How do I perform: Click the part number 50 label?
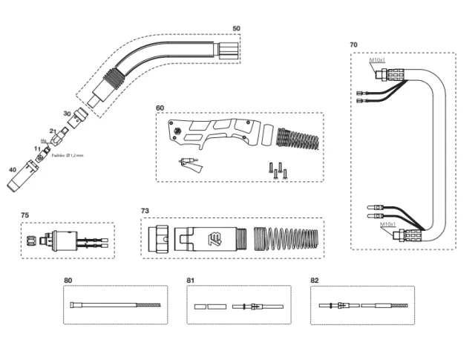236,28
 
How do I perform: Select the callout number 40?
12,169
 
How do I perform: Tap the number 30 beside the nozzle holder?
67,114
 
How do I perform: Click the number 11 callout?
36,149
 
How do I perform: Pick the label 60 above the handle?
160,108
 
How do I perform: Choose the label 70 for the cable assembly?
353,45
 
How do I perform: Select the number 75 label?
24,215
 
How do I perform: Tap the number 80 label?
68,280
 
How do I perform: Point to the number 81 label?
190,280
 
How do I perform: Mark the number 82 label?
315,280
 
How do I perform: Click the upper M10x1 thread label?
379,61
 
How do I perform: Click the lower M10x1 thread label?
388,223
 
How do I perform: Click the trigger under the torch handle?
190,165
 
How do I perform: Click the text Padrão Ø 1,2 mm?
68,156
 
